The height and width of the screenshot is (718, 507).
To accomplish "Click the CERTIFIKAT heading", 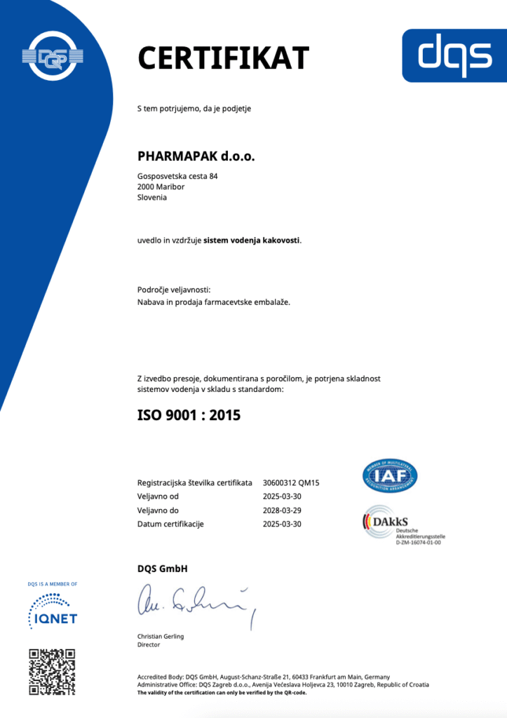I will tap(223, 57).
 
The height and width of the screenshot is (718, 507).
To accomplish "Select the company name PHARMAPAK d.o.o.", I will tap(196, 156).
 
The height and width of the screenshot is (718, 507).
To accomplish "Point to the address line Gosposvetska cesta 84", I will tap(177, 176).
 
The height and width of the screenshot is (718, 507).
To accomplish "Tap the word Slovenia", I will tap(152, 197).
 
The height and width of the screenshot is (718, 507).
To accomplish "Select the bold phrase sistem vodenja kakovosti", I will tap(252, 241).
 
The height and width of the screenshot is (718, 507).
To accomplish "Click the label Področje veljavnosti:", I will tap(174, 290).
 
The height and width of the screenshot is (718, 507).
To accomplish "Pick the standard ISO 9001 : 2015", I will tap(189, 415).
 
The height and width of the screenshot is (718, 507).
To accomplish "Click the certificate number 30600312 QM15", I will tap(291, 483).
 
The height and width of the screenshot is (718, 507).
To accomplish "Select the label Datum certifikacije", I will tap(170, 524).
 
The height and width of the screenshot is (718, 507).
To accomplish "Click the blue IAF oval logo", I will tap(389, 475).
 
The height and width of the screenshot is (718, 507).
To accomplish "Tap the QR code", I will tap(52, 672).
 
